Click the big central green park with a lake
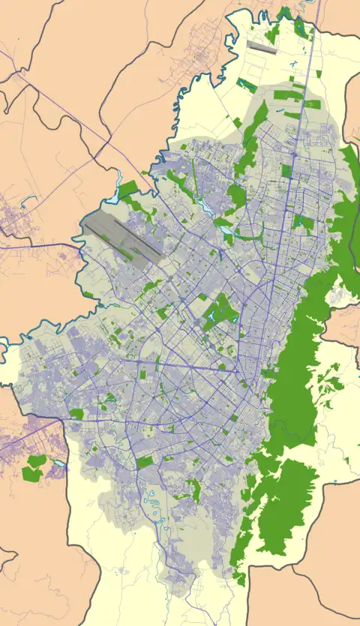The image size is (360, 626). [x=219, y=310]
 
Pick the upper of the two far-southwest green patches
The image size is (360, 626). [x=37, y=460]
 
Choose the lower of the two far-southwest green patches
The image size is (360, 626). [x=30, y=474]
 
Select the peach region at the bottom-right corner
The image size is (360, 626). [x=300, y=596]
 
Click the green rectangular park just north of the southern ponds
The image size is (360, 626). [x=145, y=463]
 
